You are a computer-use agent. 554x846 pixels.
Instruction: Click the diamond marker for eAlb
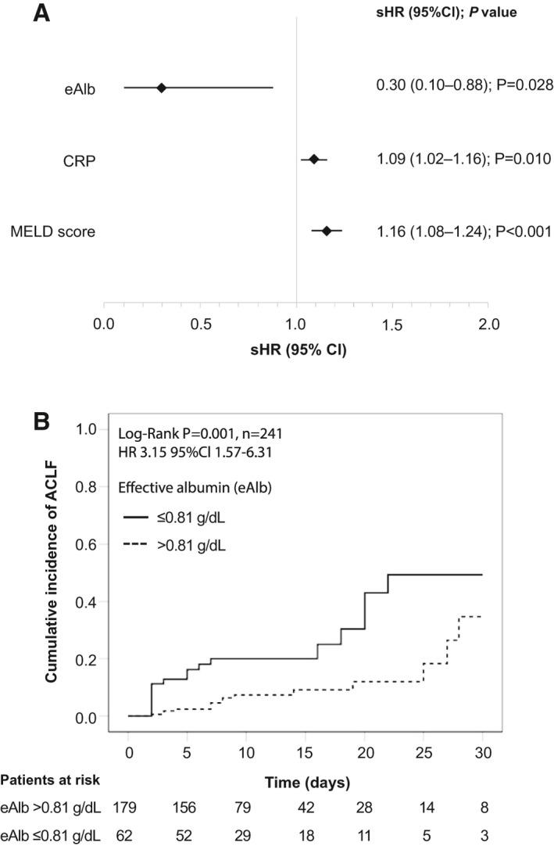pyautogui.click(x=162, y=88)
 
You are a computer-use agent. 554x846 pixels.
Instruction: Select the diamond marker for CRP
pyautogui.click(x=314, y=159)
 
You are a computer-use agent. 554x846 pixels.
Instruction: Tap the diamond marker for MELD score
pyautogui.click(x=327, y=231)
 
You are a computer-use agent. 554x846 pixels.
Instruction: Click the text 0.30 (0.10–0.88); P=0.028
pyautogui.click(x=454, y=85)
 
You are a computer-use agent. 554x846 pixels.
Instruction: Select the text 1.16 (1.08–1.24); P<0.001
pyautogui.click(x=454, y=231)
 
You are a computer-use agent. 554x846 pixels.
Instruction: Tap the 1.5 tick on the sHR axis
pyautogui.click(x=391, y=324)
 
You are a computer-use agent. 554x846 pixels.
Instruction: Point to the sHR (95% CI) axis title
pyautogui.click(x=295, y=350)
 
